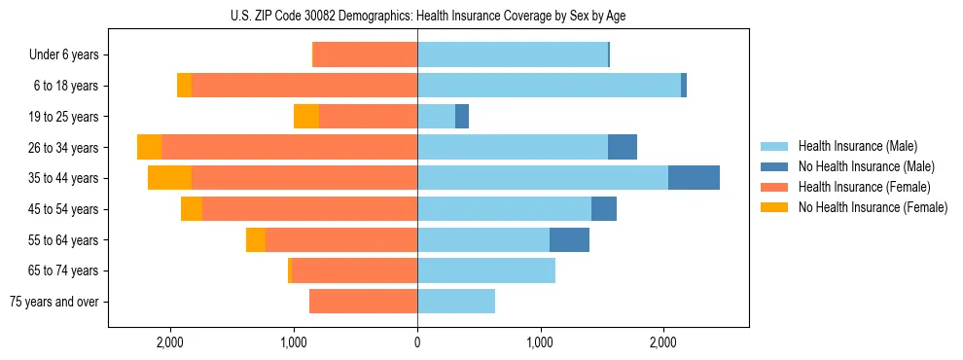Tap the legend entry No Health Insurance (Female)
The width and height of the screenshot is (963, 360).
[872, 207]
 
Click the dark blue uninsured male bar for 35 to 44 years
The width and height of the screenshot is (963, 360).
[694, 178]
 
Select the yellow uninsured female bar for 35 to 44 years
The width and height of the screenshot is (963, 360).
[169, 178]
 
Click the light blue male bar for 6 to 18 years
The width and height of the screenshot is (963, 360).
[549, 86]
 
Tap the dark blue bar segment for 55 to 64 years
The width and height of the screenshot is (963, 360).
[569, 239]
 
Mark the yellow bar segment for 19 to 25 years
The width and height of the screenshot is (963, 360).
[306, 117]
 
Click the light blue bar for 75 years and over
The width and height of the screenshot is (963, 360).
[456, 302]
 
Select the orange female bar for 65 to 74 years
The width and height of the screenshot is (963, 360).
[354, 270]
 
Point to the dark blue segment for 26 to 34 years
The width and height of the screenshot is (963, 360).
[623, 147]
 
